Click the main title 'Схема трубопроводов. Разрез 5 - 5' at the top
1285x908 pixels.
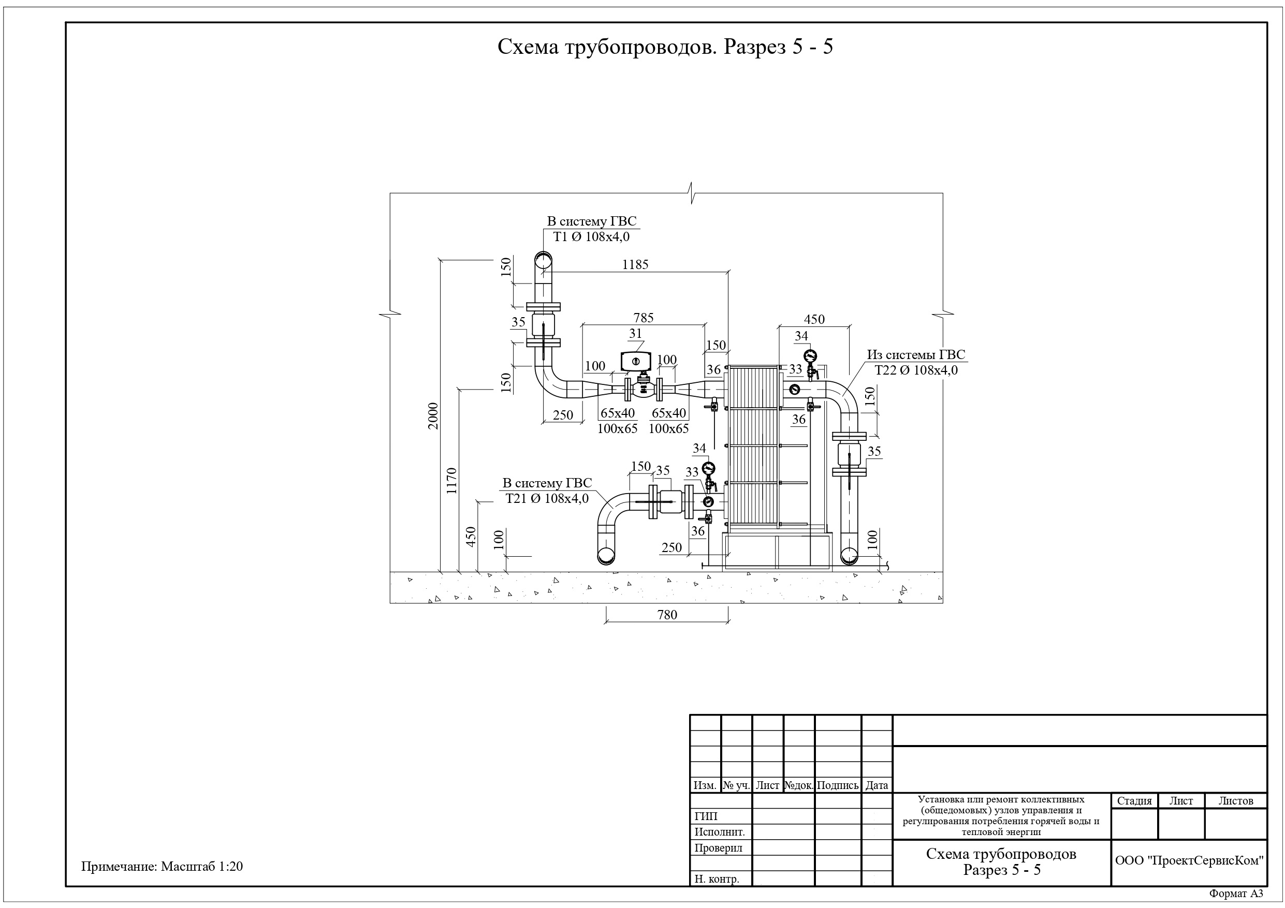(665, 47)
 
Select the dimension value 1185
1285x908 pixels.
(635, 264)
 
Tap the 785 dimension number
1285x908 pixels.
(644, 318)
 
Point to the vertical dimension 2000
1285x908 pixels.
(433, 415)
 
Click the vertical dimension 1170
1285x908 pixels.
(451, 481)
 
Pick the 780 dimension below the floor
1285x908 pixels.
(667, 615)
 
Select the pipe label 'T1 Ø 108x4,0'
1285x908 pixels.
(592, 236)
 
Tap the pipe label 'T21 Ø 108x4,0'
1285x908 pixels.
(547, 498)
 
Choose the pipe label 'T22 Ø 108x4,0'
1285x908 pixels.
(916, 370)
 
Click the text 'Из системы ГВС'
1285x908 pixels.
(916, 355)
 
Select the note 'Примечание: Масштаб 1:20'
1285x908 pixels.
(162, 867)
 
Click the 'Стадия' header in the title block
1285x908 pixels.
(1134, 800)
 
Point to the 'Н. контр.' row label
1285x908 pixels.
(717, 879)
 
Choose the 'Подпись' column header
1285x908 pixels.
(837, 785)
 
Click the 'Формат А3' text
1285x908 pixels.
(1236, 894)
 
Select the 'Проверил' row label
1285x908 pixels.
(719, 848)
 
